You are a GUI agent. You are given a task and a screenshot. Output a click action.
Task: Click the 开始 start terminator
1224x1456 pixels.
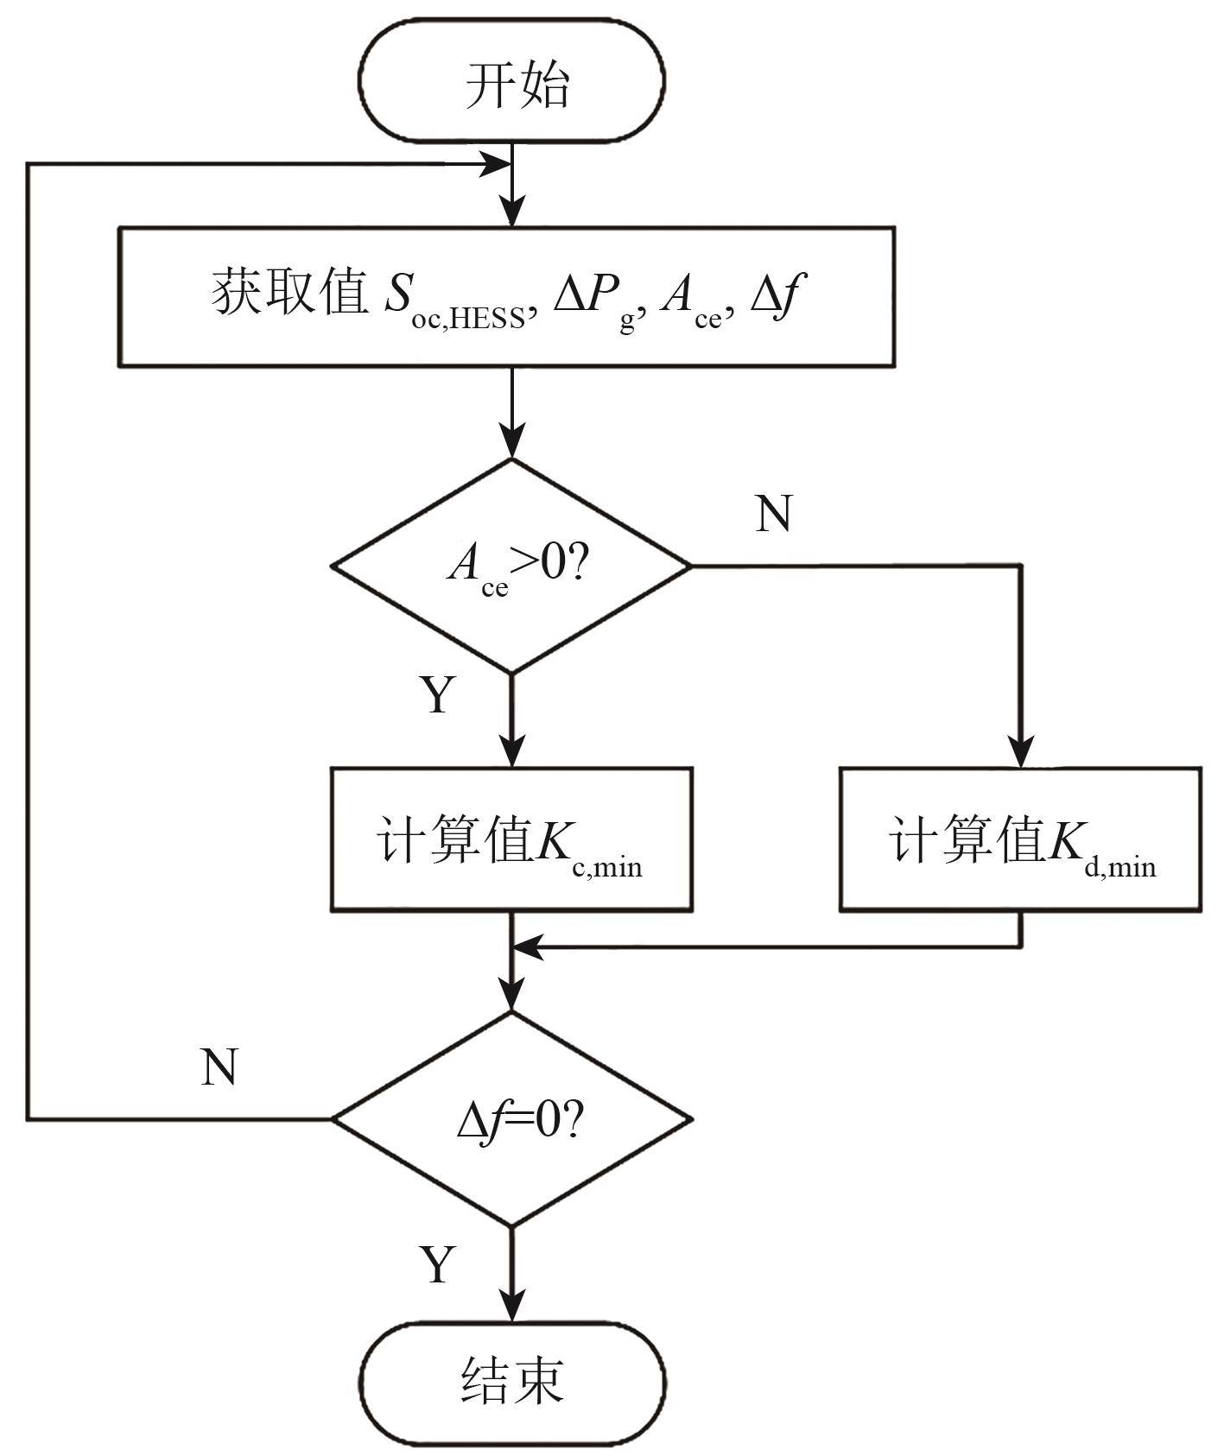click(x=512, y=82)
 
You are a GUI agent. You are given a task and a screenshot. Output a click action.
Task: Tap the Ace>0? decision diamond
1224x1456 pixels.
click(x=512, y=566)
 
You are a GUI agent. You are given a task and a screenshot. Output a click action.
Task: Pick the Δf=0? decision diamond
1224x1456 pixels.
click(x=512, y=1119)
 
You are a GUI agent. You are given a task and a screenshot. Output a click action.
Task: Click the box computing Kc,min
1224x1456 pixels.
click(x=511, y=839)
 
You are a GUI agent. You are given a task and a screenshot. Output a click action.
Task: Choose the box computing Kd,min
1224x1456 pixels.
click(x=1020, y=839)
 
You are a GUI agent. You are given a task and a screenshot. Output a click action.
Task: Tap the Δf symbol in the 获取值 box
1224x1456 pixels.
click(x=778, y=296)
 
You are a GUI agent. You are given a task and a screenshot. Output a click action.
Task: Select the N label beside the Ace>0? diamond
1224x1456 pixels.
click(x=773, y=515)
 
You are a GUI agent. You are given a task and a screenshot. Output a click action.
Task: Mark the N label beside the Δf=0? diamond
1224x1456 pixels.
click(x=219, y=1067)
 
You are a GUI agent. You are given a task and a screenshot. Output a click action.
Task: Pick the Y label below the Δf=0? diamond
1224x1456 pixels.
click(x=438, y=1264)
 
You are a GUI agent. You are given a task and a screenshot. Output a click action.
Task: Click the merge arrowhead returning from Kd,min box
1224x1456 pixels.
click(x=527, y=947)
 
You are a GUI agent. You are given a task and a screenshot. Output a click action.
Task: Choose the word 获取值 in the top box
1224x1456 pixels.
click(x=289, y=294)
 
